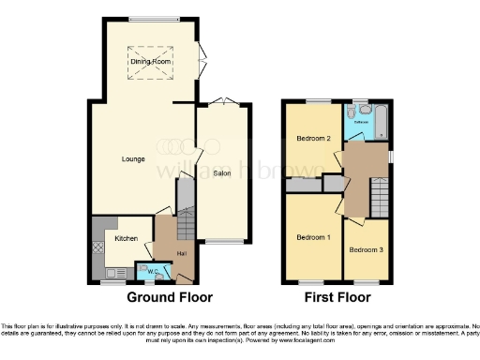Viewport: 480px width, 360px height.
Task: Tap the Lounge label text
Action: (132, 158)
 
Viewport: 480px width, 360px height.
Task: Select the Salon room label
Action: (222, 173)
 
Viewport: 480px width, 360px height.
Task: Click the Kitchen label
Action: (126, 238)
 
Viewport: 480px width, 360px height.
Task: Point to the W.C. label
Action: (151, 273)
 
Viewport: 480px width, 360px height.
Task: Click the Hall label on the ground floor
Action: (181, 254)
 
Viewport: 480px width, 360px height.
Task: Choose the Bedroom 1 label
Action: (314, 236)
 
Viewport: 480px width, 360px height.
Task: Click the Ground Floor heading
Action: (169, 297)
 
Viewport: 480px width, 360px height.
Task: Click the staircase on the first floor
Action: (379, 198)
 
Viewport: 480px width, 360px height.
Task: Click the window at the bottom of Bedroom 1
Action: (313, 281)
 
